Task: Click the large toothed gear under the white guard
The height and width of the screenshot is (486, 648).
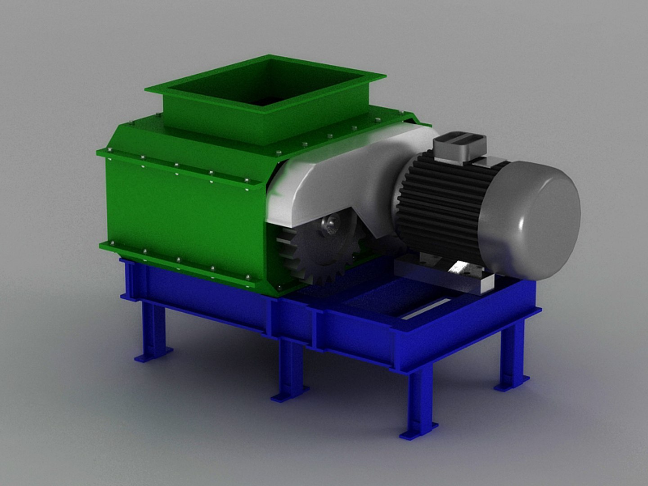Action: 324,252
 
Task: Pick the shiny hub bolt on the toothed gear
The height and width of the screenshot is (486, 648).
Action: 332,224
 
